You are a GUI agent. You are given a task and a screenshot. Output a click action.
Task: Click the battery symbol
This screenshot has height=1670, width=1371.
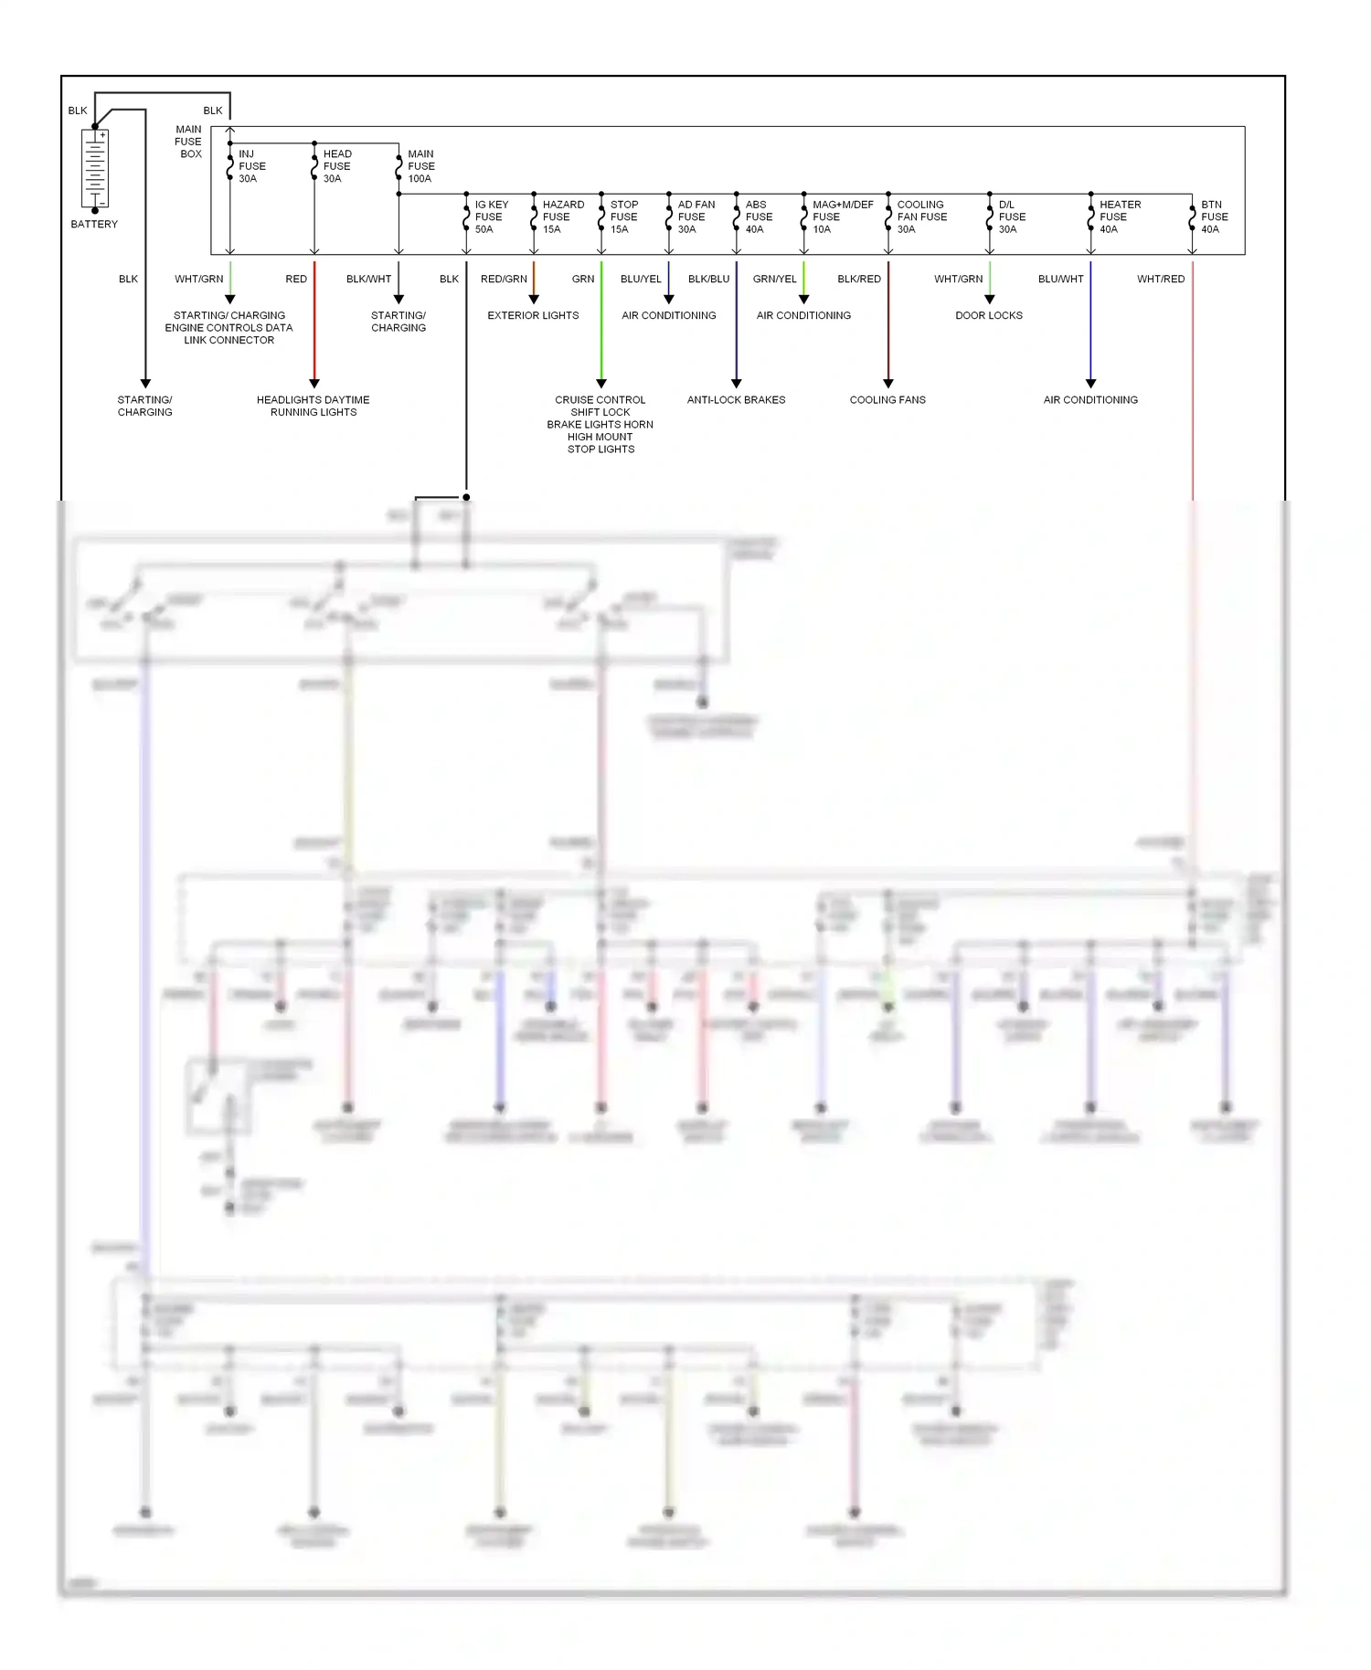coord(95,170)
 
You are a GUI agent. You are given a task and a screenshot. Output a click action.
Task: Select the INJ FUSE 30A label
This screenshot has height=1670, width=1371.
coord(251,166)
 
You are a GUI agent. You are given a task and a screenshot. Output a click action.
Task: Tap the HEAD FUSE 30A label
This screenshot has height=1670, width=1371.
coord(336,166)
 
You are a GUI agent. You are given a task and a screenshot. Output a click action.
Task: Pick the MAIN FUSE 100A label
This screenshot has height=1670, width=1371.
coord(420,166)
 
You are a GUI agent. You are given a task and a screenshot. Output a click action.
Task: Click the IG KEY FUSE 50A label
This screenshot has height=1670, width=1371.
coord(491,217)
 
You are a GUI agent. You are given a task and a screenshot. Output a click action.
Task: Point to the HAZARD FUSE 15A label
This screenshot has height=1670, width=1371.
coord(562,217)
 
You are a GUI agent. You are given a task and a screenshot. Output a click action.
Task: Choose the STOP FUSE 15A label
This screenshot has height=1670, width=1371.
coord(623,217)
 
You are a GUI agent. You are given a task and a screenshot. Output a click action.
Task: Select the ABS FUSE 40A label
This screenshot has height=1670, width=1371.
coord(758,217)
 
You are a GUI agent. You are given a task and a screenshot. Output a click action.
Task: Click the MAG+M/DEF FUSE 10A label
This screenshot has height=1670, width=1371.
coord(842,217)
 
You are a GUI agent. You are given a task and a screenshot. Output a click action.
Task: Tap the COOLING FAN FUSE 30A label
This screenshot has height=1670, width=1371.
coord(921,217)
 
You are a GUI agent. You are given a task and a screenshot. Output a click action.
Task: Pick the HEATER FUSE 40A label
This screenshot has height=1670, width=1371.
coord(1119,217)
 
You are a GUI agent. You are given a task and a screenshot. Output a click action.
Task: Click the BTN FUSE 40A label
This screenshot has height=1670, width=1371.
coord(1214,217)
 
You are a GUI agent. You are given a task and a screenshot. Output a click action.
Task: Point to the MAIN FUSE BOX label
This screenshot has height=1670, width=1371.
coord(188,142)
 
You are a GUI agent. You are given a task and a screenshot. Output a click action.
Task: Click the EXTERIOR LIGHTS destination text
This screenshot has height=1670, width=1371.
coord(533,316)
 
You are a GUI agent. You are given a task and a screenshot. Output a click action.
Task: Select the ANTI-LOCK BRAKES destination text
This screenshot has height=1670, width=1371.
coord(736,400)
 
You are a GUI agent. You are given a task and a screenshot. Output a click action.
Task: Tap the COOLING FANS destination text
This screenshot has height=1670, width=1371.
coord(887,400)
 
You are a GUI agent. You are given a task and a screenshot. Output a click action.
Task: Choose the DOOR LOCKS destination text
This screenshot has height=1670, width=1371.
coord(989,316)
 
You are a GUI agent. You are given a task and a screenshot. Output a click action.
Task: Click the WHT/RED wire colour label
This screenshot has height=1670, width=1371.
coord(1160,280)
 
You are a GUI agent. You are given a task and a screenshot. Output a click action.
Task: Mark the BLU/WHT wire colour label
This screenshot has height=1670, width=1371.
coord(1060,280)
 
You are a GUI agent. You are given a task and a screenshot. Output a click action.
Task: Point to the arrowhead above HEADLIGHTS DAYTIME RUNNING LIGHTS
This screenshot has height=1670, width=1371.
coord(314,384)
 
